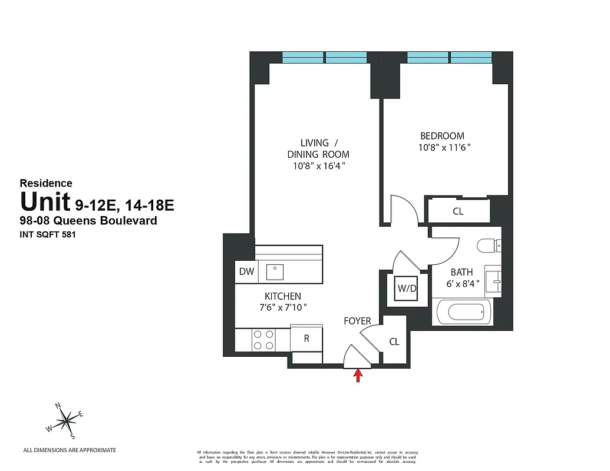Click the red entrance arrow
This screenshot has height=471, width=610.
(357, 376)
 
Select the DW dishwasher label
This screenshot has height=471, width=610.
(246, 271)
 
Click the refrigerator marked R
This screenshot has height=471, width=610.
(306, 339)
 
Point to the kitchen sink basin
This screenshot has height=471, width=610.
(275, 271)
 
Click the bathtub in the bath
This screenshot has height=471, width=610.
(464, 311)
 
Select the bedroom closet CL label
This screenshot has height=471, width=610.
(458, 211)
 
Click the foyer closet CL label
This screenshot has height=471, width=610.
(394, 341)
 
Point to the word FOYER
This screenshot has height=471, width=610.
(358, 321)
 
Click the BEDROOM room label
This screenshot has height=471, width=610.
(442, 136)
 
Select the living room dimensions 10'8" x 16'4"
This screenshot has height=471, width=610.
(318, 166)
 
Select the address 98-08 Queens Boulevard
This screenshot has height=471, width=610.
(88, 221)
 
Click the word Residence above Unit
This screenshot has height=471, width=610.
(46, 183)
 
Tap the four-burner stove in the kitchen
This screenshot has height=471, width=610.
(263, 339)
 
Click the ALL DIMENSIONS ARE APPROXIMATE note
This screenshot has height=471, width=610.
(70, 450)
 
